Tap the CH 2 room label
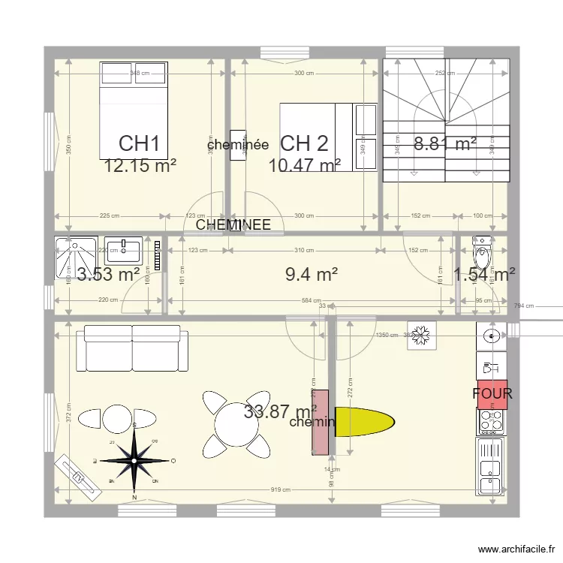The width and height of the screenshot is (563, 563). click(x=304, y=143)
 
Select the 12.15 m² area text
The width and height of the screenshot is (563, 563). click(x=140, y=165)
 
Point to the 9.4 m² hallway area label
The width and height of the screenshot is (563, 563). click(x=311, y=275)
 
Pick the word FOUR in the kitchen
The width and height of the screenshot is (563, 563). click(x=492, y=393)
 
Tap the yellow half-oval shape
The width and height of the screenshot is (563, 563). click(x=363, y=422)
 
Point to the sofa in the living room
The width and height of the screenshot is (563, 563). click(x=132, y=348)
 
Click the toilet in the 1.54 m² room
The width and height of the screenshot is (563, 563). click(x=481, y=252)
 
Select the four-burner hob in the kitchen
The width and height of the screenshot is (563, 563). click(x=492, y=422)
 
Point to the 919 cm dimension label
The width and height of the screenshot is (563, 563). click(x=280, y=490)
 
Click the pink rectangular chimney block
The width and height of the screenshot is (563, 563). click(x=321, y=422)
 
